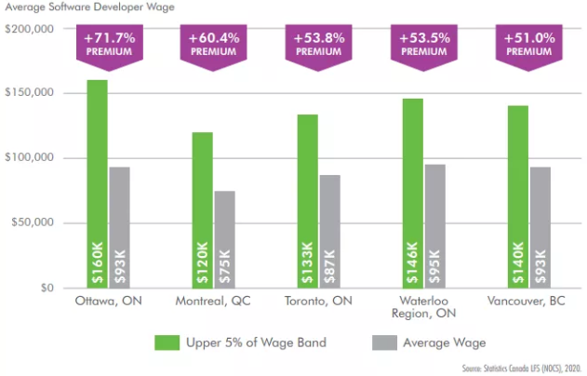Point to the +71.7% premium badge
point(109,47)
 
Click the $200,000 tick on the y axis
point(31,29)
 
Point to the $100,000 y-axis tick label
point(31,94)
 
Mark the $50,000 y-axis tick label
point(33,223)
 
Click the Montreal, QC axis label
point(213,302)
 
